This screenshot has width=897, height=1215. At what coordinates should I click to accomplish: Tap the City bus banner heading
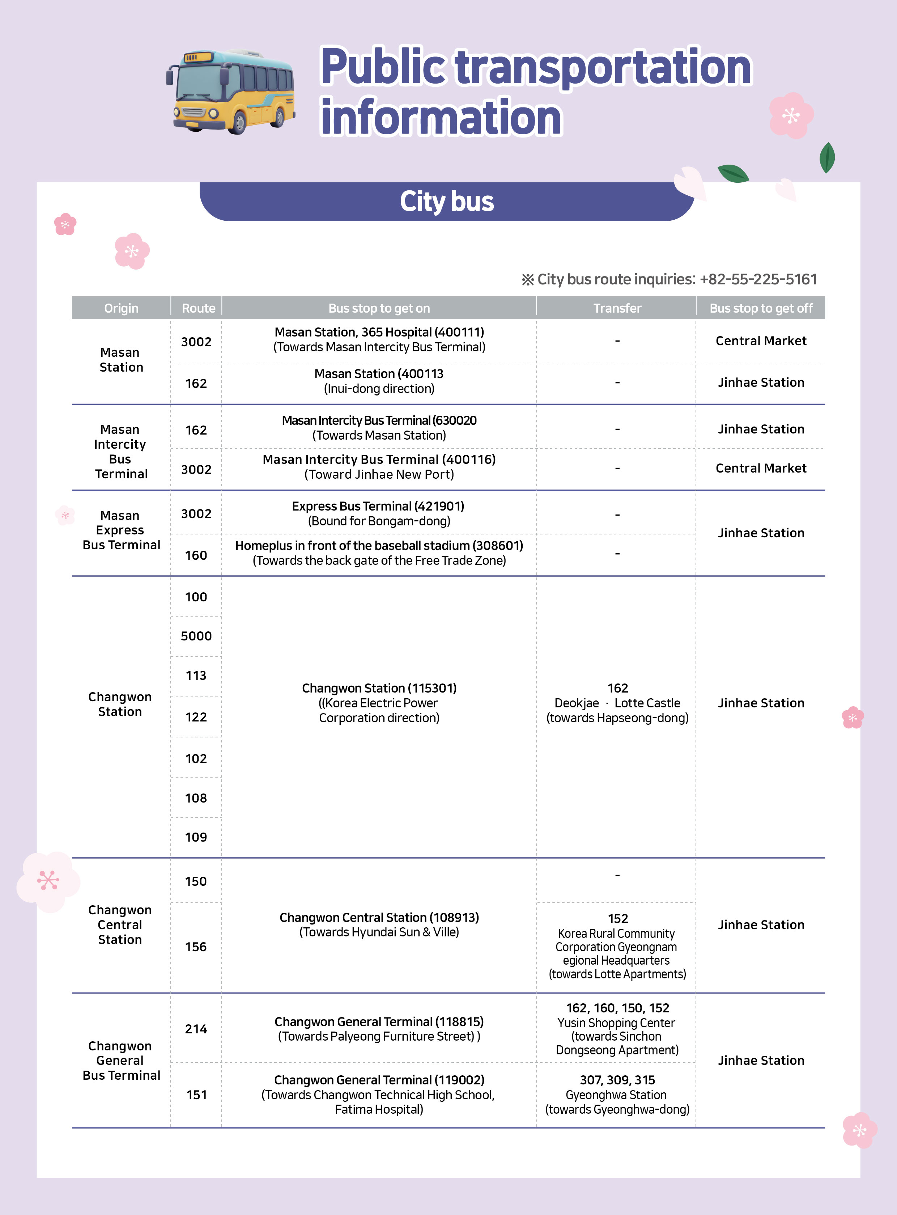point(446,202)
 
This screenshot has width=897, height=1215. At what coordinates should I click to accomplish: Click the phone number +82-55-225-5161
point(758,279)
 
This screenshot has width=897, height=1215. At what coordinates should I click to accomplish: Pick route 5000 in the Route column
point(196,636)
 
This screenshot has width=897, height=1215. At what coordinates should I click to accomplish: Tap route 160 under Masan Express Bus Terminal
point(196,555)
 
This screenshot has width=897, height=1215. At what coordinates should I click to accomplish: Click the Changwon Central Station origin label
point(120,924)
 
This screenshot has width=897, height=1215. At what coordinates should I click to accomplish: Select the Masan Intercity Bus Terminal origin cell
point(120,451)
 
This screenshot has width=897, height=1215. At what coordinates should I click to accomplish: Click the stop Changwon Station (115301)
point(379,688)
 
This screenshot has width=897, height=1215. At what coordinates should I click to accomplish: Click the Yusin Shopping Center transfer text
point(616,1023)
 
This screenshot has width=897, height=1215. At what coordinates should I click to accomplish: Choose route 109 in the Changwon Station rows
point(196,837)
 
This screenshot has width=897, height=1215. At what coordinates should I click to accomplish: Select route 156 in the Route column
point(196,947)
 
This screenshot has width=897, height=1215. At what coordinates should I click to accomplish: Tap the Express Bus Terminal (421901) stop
point(378,506)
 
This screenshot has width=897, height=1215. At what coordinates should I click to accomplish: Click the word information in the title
point(441,117)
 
